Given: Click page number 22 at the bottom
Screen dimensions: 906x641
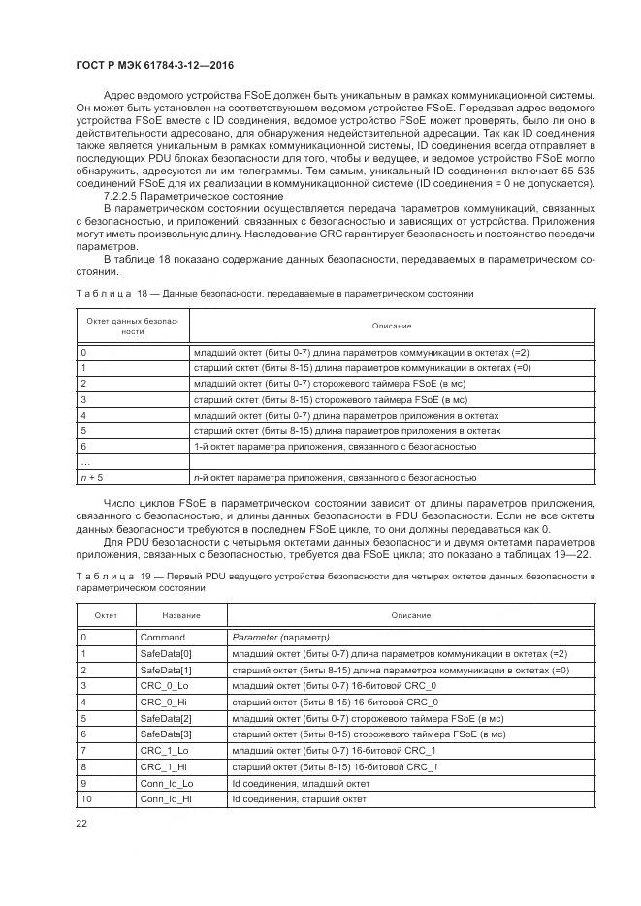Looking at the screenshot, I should (x=81, y=823).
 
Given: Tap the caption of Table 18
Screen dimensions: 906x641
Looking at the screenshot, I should (x=273, y=292).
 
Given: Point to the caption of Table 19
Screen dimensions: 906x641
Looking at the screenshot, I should (x=335, y=581).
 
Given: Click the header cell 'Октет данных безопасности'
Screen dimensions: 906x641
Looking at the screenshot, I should (x=135, y=325).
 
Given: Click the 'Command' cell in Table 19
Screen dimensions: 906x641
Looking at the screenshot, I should (x=162, y=638).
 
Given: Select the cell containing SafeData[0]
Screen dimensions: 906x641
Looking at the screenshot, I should (x=167, y=653).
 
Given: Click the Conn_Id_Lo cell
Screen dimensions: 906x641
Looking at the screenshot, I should (x=167, y=782).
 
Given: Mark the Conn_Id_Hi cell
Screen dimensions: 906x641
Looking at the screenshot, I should (x=166, y=798).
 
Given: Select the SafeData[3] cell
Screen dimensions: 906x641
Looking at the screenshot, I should (x=167, y=734).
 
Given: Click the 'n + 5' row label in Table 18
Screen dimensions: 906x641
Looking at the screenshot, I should (x=92, y=477).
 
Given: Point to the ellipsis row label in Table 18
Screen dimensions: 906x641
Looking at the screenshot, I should (x=85, y=461).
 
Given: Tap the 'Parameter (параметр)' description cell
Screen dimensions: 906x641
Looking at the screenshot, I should (x=281, y=638).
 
